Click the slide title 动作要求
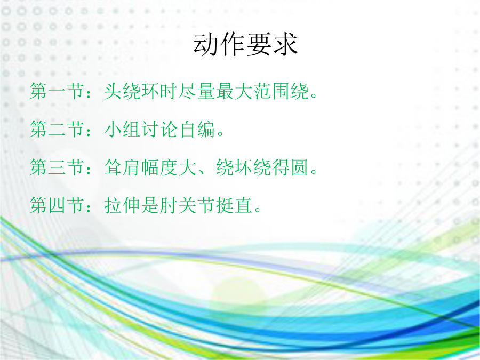point(245,45)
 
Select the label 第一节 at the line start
point(57,91)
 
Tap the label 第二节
point(57,129)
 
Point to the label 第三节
point(57,167)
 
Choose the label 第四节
point(57,205)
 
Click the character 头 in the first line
point(113,91)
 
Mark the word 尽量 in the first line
point(197,91)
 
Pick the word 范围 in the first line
point(271,91)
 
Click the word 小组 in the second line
point(123,129)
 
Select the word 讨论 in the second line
point(160,129)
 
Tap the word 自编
point(197,129)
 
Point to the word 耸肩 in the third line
point(123,167)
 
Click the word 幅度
point(160,167)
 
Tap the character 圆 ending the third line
point(300,167)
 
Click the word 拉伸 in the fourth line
point(123,205)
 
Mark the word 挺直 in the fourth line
point(235,205)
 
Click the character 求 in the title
point(285,45)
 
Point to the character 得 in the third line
point(281,167)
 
